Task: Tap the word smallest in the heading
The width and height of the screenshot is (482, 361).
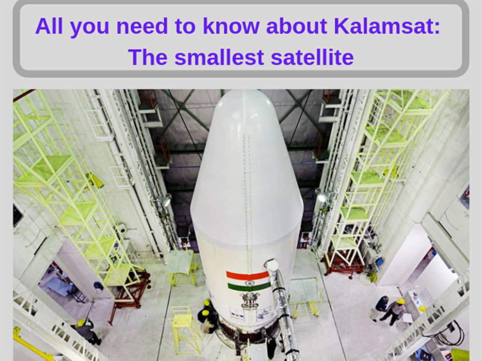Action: coord(219,57)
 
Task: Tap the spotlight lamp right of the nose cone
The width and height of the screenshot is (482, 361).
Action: coord(321,197)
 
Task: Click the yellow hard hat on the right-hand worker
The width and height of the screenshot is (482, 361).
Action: coord(400,301)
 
